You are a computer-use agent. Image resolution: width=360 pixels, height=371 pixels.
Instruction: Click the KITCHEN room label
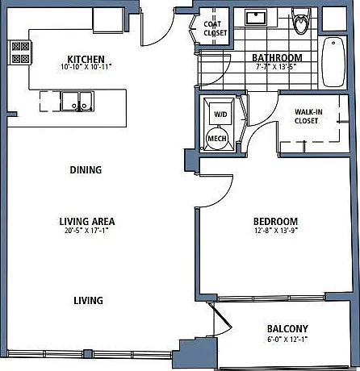click(86, 59)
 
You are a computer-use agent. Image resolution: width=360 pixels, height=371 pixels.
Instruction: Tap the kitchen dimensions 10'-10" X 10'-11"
click(86, 67)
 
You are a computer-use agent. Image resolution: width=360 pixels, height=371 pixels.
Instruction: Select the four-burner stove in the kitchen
click(20, 52)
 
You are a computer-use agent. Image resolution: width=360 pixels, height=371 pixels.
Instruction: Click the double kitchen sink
click(77, 102)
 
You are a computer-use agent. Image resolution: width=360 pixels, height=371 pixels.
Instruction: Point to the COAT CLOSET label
click(216, 28)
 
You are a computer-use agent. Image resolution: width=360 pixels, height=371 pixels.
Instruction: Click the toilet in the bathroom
click(301, 21)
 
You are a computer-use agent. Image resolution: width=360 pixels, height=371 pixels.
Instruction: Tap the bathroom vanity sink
click(256, 18)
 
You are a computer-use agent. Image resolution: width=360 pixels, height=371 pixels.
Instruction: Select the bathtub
click(333, 62)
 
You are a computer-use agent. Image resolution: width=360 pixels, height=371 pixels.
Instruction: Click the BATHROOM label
click(277, 58)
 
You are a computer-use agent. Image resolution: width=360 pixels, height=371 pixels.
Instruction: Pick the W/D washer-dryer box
click(220, 114)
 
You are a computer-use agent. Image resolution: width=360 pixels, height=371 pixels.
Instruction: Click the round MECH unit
click(217, 138)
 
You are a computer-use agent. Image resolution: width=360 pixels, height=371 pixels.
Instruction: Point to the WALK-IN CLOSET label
click(308, 116)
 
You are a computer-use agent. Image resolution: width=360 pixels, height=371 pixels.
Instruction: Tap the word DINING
click(86, 170)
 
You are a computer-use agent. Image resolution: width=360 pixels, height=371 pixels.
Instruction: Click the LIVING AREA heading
click(87, 222)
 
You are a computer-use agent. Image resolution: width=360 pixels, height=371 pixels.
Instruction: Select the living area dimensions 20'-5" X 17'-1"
click(86, 231)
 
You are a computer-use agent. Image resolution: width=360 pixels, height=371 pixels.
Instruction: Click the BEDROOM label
click(276, 222)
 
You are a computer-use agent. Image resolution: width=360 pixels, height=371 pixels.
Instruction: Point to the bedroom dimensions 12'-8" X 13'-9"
click(276, 231)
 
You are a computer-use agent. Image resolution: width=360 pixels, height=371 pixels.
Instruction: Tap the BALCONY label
click(287, 329)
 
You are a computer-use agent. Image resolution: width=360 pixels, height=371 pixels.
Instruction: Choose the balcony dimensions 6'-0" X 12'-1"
click(287, 340)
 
